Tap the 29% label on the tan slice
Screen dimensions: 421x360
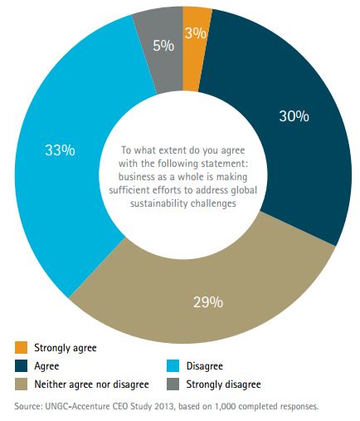click(x=207, y=301)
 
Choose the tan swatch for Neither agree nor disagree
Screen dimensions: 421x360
click(x=22, y=384)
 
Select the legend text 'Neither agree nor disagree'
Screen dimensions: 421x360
click(x=92, y=384)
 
